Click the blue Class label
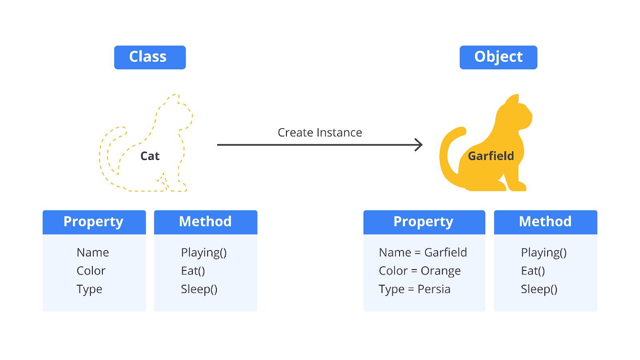click(x=150, y=57)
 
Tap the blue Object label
click(x=498, y=57)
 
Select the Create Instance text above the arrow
click(x=320, y=132)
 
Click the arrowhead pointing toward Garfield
click(x=418, y=145)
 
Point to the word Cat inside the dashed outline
click(x=150, y=156)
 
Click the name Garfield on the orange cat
click(x=491, y=156)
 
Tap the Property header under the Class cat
click(x=94, y=222)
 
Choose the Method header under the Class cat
click(x=205, y=222)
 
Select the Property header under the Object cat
click(x=424, y=222)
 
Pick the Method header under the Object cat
click(x=545, y=222)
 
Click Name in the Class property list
click(x=93, y=252)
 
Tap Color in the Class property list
click(x=91, y=271)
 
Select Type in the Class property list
click(x=89, y=289)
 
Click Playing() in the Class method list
click(x=204, y=252)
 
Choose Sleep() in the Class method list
click(x=199, y=289)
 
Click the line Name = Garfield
click(x=423, y=252)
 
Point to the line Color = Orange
click(x=420, y=271)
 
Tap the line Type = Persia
click(x=414, y=289)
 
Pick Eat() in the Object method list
click(x=533, y=271)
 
